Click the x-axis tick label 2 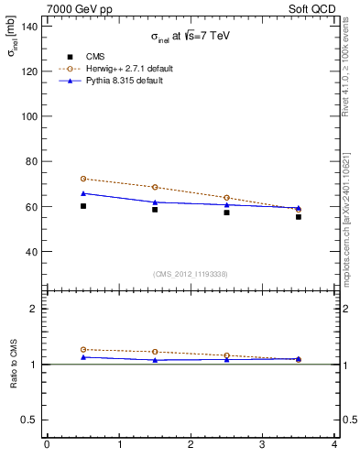pos(191,445)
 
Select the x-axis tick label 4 pos(334,445)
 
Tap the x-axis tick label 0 pos(47,445)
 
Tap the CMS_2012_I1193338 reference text pos(191,274)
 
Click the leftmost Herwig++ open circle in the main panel pos(82,179)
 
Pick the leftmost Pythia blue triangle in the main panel pos(82,193)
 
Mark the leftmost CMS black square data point pos(82,206)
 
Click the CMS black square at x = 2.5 pos(226,212)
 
